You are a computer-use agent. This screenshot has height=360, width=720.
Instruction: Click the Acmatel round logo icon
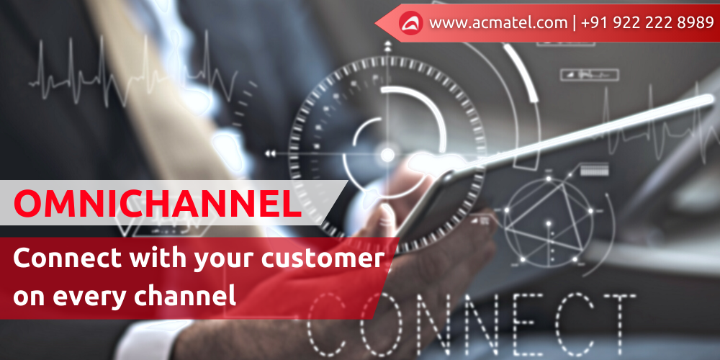pos(410,23)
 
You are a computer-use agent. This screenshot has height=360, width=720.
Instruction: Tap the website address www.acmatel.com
pos(498,24)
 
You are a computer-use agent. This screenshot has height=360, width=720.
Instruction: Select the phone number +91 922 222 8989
pos(647,23)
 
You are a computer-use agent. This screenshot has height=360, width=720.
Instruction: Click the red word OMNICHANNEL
pos(158,203)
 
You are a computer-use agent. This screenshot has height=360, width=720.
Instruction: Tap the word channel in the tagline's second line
pos(185,294)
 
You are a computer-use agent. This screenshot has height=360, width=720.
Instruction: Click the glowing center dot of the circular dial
pos(387,154)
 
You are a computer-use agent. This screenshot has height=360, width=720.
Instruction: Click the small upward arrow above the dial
pos(387,45)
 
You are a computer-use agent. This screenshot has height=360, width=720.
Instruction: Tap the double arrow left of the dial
pos(270,154)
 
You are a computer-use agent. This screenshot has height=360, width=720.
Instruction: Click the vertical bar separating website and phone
pos(575,24)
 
